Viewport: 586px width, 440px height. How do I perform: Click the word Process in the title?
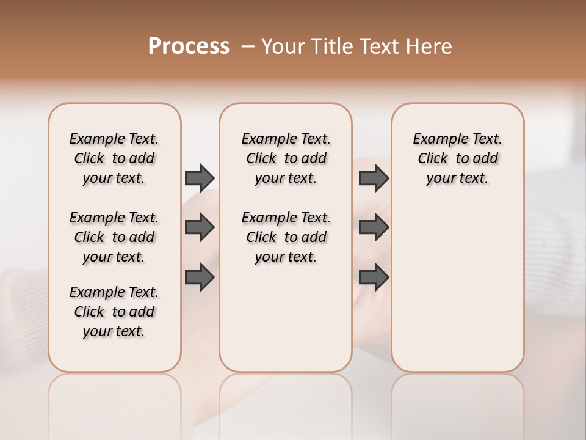coord(189,46)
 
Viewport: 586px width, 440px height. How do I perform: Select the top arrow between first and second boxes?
coord(200,178)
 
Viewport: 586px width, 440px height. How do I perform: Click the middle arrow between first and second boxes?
coord(200,227)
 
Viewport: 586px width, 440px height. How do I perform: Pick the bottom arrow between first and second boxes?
coord(200,277)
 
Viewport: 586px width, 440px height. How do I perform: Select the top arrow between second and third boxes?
coord(374,178)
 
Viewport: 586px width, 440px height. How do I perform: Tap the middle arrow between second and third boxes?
coord(374,227)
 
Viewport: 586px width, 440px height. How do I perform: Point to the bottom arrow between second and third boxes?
coord(374,277)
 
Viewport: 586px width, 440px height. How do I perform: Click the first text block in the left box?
coord(114,158)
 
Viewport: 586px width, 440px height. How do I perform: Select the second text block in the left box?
coord(114,237)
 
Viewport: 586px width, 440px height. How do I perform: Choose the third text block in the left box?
coord(114,312)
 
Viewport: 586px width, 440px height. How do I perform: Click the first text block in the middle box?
coord(286,158)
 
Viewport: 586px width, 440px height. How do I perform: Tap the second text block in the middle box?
coord(286,237)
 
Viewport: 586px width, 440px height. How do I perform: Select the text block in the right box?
coord(457,158)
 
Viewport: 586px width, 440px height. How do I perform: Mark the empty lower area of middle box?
coord(286,318)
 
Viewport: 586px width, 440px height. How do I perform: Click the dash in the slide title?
coord(248,46)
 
